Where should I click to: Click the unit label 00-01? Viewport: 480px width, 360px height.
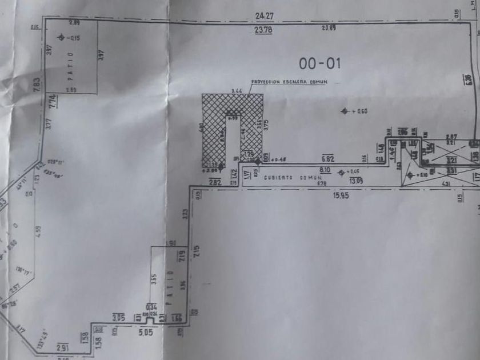[x=320, y=63]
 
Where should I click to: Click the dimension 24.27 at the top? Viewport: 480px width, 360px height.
[x=262, y=17]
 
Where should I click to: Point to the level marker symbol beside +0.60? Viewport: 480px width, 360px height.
[x=344, y=111]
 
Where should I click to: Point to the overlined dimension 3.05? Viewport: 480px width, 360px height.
[x=118, y=317]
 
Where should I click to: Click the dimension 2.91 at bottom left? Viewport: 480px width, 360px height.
[x=63, y=347]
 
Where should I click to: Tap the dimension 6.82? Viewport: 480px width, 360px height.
[x=327, y=158]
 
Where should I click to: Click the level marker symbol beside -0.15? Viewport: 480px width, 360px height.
[x=62, y=38]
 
